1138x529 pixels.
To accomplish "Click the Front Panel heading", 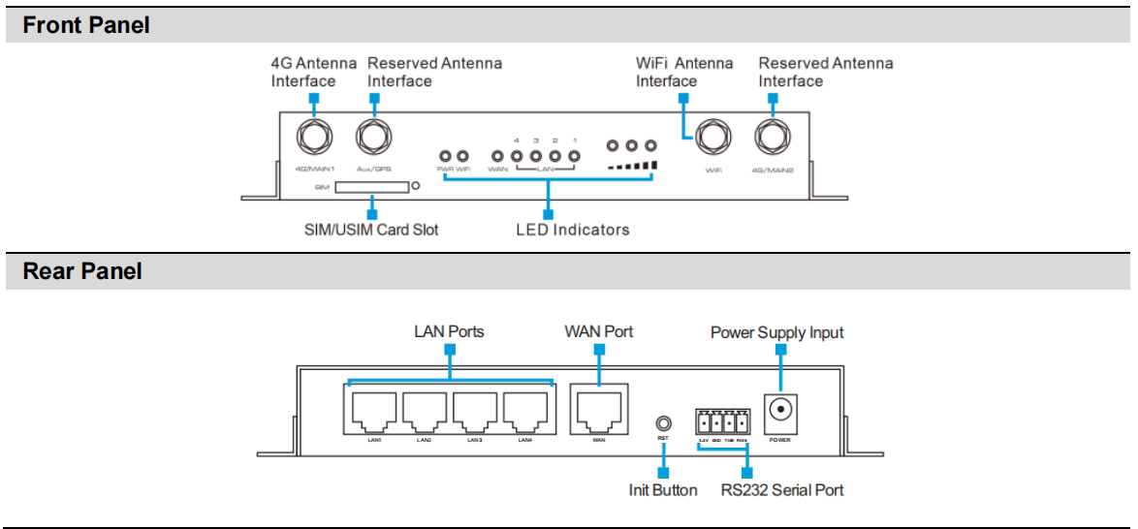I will point(86,25).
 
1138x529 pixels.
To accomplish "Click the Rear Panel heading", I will point(82,272).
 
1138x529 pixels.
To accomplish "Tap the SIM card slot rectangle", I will point(371,185).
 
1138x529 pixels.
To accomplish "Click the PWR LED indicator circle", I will point(446,155).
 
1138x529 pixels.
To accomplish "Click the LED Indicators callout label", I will point(572,230).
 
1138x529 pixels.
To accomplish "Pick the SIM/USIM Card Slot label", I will point(370,230).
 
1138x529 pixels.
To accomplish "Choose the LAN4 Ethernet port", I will point(524,412).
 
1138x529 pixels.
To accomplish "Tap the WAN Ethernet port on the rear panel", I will point(599,412).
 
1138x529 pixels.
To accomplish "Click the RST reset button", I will point(663,423).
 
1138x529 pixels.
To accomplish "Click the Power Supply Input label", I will point(776,332).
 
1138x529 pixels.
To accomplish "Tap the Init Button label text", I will point(663,489).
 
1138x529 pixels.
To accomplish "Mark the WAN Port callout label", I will point(599,331).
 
